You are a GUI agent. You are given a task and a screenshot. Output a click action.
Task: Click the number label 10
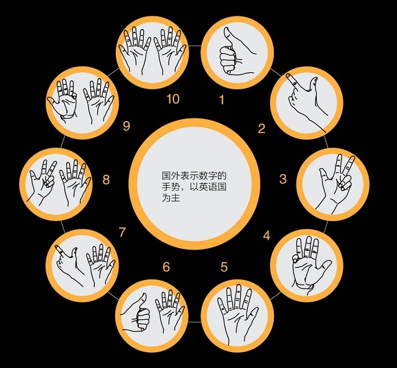coord(173,99)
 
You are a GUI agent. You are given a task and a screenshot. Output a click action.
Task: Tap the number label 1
coord(222,99)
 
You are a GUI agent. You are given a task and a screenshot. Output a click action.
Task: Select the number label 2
coord(261,128)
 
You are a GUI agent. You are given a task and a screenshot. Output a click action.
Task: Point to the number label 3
coord(283,179)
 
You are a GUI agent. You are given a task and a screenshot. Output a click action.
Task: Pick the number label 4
coord(267,236)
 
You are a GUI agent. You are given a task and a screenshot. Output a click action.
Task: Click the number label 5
coord(224,267)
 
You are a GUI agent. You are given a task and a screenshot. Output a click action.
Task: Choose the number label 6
coord(166,267)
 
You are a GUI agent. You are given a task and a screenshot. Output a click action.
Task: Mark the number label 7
coord(122,232)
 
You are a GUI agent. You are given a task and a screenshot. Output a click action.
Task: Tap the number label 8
coord(106,179)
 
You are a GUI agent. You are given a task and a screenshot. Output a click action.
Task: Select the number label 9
coord(126,126)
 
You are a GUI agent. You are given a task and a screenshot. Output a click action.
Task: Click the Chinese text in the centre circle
coord(194,187)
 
